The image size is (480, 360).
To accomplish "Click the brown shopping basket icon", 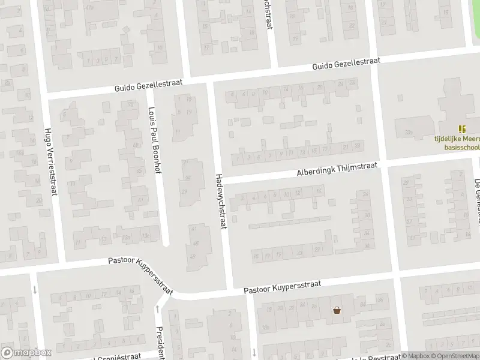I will point(338,310).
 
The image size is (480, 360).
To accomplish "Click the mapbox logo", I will point(26,353).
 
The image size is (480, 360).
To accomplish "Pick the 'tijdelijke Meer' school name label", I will point(457,137).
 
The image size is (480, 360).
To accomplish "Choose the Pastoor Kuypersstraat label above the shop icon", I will point(282,287).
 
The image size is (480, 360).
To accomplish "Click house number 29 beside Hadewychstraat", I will point(184,191).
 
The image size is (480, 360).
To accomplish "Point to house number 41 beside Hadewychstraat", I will point(193,229).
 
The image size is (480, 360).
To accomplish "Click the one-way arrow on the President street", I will point(157,310).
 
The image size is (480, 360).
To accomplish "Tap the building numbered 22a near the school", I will point(410,133).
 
